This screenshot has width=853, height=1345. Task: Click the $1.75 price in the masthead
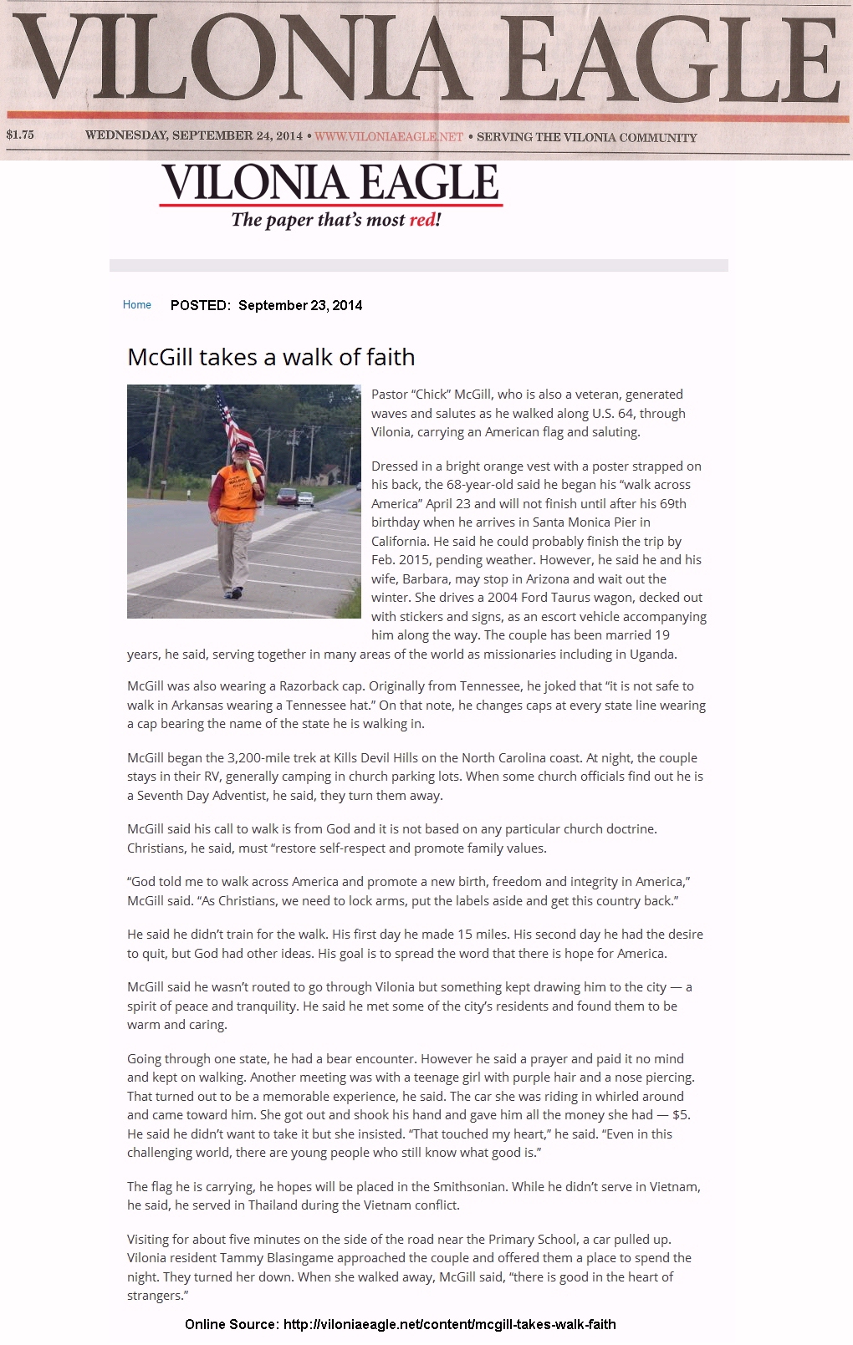coord(20,135)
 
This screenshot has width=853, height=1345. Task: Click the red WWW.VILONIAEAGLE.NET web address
coord(388,136)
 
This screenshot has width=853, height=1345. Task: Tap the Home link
coord(137,305)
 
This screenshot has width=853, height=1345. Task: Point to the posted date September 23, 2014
coord(300,305)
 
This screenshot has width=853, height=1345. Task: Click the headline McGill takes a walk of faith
coord(271,357)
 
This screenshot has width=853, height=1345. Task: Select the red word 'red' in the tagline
coord(421,220)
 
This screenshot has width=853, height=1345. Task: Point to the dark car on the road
coord(287,496)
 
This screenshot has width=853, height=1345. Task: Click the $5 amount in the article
coord(681,1114)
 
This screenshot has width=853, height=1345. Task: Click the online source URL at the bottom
coord(449,1324)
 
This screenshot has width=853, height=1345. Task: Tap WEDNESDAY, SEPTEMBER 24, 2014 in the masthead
coord(193,135)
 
